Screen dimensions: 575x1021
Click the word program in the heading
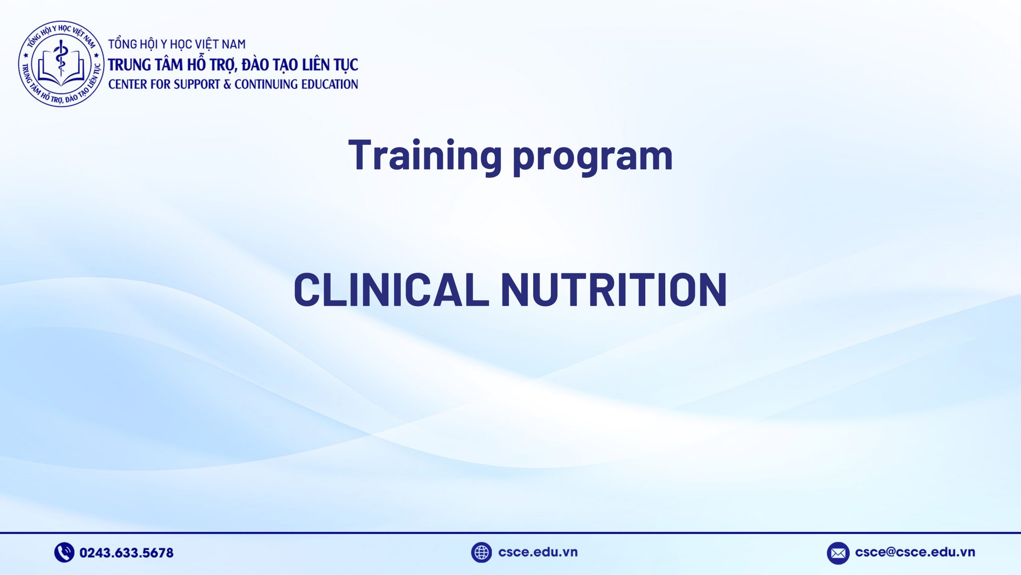pos(593,158)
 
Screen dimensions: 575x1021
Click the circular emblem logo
pos(61,64)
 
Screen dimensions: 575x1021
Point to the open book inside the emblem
pos(61,74)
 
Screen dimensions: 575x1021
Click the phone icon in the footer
pos(64,552)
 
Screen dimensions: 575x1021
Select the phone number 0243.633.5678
pos(126,553)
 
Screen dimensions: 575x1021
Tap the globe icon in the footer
pos(481,552)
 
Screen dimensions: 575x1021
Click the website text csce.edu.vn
pos(538,552)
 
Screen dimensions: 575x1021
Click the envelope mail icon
pos(838,553)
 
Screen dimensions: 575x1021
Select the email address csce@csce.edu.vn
pos(915,552)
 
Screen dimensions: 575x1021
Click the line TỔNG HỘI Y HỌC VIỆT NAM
pos(177,44)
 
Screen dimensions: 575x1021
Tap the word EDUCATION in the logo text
pos(329,84)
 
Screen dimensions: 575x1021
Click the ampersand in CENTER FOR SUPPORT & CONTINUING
pos(227,84)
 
